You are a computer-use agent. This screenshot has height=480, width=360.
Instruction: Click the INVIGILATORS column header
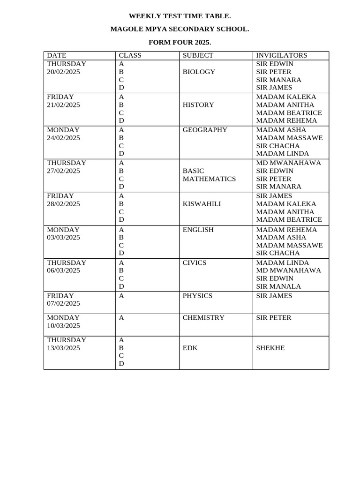[282, 55]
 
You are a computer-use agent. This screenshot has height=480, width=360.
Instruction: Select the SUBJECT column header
[198, 55]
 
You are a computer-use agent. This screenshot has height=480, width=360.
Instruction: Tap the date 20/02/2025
[63, 72]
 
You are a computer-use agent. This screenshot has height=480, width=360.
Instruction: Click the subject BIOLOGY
[199, 72]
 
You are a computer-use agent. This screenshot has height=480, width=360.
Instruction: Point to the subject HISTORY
[198, 105]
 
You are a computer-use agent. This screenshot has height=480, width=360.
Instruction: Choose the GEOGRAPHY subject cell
[205, 130]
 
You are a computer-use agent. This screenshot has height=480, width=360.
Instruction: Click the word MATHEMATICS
[209, 179]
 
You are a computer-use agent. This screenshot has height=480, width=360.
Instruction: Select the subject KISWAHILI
[202, 204]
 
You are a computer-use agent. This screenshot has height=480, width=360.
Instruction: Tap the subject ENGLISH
[198, 230]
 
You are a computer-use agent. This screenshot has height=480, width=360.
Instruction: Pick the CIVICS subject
[195, 262]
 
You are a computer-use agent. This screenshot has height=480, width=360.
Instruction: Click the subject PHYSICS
[197, 296]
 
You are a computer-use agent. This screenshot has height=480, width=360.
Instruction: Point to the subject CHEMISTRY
[203, 317]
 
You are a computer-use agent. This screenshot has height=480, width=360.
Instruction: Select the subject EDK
[190, 348]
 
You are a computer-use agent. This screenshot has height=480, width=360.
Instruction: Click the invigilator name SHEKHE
[270, 348]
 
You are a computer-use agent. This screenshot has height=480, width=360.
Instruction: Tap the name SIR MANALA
[278, 286]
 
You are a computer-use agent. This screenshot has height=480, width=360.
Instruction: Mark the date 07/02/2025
[63, 303]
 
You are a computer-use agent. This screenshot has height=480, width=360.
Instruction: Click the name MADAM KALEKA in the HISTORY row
[286, 97]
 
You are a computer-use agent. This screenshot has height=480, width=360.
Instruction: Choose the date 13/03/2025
[63, 348]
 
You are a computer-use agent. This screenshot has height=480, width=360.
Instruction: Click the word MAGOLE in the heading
[125, 29]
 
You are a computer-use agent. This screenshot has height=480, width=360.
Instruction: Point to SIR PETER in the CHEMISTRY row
[274, 317]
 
